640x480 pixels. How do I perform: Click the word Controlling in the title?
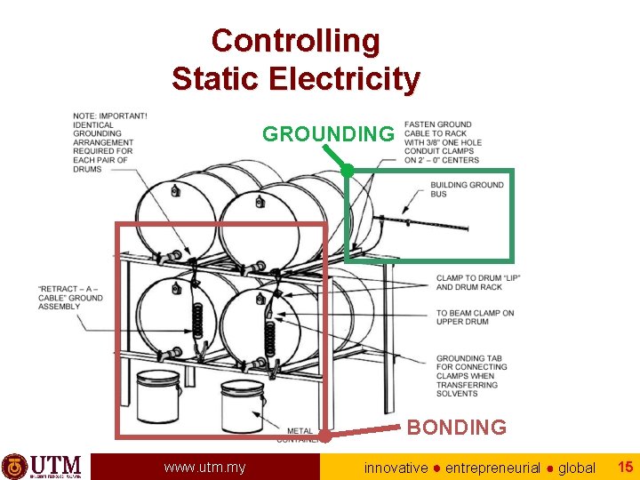pos(295,40)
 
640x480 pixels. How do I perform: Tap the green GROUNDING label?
pos(327,134)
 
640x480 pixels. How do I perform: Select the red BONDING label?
pos(456,428)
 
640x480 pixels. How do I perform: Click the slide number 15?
pos(625,466)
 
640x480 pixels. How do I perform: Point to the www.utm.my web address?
pos(204,467)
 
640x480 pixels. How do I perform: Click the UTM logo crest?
pos(14,466)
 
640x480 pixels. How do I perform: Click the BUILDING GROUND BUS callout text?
pos(467,189)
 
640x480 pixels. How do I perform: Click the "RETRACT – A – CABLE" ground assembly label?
pos(70,298)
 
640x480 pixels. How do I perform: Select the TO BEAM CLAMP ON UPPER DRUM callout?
pos(475,317)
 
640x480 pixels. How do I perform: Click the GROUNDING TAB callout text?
pos(470,376)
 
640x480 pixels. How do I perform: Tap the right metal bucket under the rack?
pos(242,405)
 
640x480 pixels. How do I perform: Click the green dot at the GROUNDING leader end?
pos(348,169)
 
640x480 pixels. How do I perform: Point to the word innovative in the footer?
pos(396,468)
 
